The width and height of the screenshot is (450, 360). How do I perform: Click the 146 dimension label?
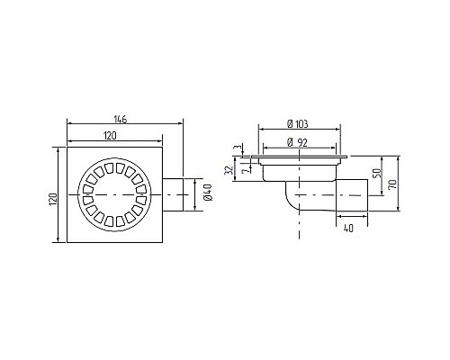click(121, 119)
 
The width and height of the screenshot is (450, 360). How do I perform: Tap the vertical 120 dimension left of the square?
click(53, 199)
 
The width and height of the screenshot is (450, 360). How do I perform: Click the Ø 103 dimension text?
click(297, 124)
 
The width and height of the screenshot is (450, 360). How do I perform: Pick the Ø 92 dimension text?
click(297, 143)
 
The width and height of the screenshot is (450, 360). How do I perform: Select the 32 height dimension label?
click(229, 170)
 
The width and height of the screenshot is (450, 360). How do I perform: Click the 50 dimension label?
click(378, 173)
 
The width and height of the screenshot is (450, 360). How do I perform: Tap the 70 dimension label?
click(392, 184)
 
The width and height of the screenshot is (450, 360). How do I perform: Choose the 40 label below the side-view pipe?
click(348, 229)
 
